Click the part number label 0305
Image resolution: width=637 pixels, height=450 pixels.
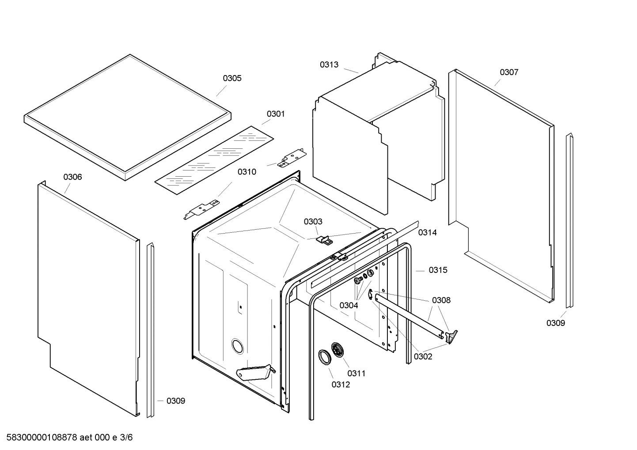pyautogui.click(x=232, y=78)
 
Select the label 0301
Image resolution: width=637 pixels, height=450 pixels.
pyautogui.click(x=276, y=114)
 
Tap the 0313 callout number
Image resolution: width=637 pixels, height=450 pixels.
pyautogui.click(x=329, y=65)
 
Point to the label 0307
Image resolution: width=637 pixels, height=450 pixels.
pyautogui.click(x=509, y=72)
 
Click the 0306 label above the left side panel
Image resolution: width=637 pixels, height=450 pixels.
pyautogui.click(x=72, y=177)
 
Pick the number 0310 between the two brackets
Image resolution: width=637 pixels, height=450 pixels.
pyautogui.click(x=246, y=172)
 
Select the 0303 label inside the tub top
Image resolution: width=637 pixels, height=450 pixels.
pyautogui.click(x=313, y=222)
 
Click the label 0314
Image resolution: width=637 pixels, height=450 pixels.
pyautogui.click(x=427, y=233)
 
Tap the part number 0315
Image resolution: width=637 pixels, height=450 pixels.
pyautogui.click(x=438, y=270)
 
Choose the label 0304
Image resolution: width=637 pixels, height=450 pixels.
pyautogui.click(x=349, y=305)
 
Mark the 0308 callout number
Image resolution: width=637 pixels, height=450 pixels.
pyautogui.click(x=441, y=300)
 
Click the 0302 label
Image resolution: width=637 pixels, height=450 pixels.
pyautogui.click(x=423, y=357)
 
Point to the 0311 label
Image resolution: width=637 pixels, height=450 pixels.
pyautogui.click(x=356, y=374)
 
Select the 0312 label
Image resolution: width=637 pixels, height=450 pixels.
pyautogui.click(x=341, y=385)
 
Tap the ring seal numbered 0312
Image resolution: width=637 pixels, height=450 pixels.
pyautogui.click(x=325, y=357)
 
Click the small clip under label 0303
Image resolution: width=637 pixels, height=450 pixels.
pyautogui.click(x=325, y=240)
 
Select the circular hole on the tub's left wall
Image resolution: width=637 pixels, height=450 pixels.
pyautogui.click(x=237, y=346)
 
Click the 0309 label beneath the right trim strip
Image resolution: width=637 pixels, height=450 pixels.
pyautogui.click(x=555, y=323)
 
